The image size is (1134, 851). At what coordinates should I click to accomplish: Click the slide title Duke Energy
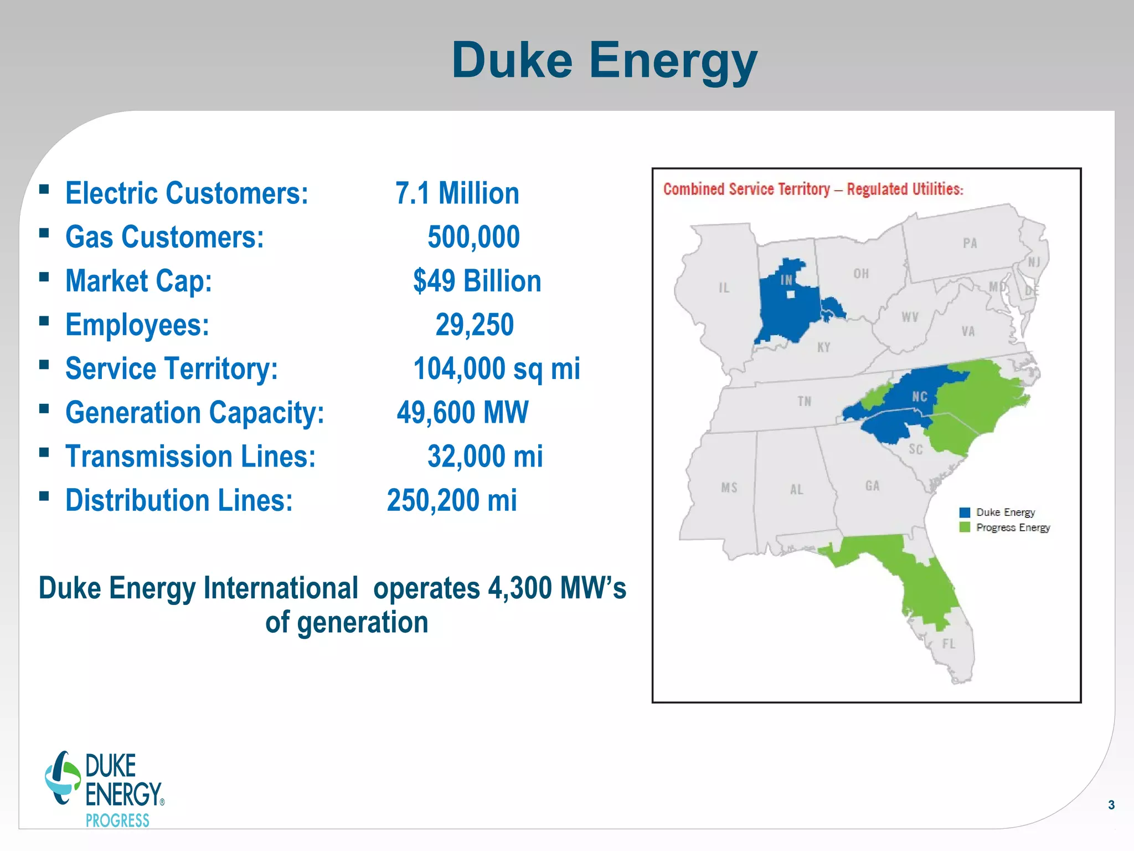tap(604, 60)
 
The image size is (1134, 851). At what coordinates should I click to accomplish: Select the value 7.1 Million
tap(457, 193)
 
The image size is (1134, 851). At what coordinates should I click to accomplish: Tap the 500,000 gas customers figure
tap(473, 237)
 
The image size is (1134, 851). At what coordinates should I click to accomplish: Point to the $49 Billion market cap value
tap(477, 281)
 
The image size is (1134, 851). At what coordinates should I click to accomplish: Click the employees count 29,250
tap(475, 325)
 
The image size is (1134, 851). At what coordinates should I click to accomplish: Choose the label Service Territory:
tap(172, 369)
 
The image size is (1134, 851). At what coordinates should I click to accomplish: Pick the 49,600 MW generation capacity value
tap(462, 413)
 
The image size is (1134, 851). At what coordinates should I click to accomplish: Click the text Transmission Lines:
tap(190, 457)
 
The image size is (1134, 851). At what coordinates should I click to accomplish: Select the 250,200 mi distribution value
tap(452, 500)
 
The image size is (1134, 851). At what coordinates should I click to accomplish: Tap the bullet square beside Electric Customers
tap(44, 190)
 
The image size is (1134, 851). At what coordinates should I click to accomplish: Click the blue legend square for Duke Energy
tap(965, 512)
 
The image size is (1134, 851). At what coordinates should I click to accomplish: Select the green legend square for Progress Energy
tap(965, 527)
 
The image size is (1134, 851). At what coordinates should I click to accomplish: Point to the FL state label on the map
tap(949, 644)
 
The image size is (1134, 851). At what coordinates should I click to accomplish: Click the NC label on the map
tap(919, 397)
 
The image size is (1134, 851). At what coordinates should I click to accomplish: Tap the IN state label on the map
tap(786, 280)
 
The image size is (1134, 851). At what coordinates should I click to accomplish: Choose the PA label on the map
tap(970, 243)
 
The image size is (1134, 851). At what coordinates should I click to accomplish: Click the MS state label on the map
tap(729, 488)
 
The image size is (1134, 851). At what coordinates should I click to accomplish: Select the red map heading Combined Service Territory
tap(813, 189)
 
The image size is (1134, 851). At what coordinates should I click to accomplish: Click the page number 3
tap(1111, 805)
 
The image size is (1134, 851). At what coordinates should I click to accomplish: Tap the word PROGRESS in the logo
tap(117, 821)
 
